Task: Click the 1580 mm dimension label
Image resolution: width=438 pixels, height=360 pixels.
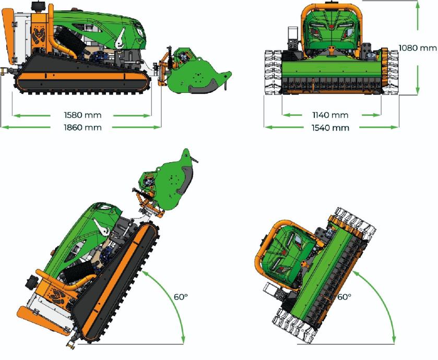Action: (82, 115)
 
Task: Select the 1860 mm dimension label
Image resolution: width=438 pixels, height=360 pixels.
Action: (82, 127)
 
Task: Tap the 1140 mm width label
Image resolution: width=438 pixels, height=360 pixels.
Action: (330, 115)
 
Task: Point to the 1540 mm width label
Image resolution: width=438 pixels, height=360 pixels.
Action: (330, 128)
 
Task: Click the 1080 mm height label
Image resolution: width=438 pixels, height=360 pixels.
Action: (417, 48)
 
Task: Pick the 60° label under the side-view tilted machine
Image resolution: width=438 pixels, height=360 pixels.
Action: (181, 297)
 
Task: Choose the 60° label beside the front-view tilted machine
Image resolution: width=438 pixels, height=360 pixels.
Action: (344, 297)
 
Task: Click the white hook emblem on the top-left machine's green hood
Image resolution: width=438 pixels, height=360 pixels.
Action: (121, 39)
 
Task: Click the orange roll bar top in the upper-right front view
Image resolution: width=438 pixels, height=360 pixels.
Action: (332, 6)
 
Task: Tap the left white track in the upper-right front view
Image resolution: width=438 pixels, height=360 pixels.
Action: (273, 72)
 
